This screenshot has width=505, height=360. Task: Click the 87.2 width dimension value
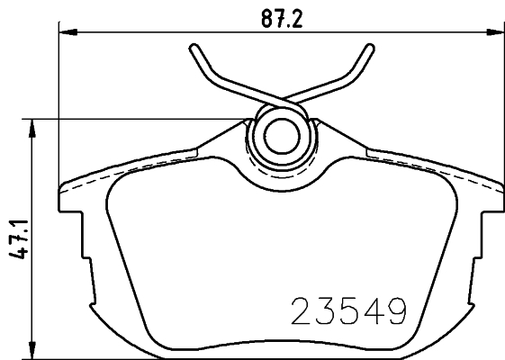coord(282,19)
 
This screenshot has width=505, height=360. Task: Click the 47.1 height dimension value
coord(18,239)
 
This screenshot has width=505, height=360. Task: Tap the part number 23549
coord(348,311)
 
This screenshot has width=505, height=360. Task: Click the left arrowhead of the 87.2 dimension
coord(68,31)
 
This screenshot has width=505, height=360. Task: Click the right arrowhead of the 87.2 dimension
coord(495,31)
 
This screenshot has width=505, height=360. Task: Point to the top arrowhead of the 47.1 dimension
coord(32,128)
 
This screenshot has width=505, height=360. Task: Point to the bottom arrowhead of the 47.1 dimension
coord(32,350)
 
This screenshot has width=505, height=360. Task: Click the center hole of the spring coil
coord(282,136)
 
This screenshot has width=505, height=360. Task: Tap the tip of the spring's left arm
coord(194,48)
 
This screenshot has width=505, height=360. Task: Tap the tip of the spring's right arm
coord(370,48)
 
